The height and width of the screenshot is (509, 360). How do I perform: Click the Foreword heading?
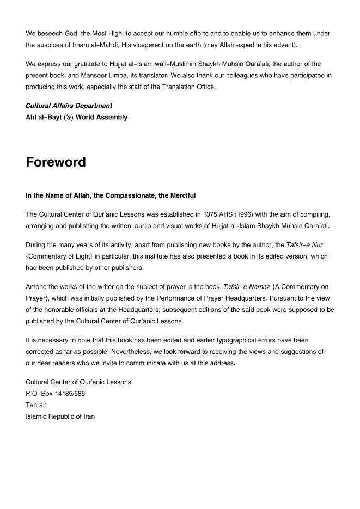pos(56,162)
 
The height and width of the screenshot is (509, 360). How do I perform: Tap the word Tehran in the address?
pos(36,405)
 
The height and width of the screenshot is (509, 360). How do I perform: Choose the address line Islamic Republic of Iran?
pos(60,416)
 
